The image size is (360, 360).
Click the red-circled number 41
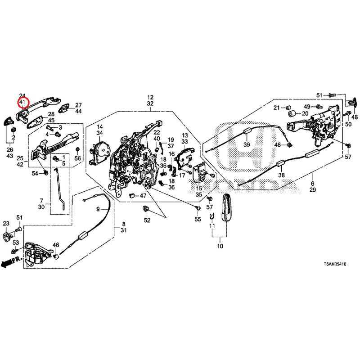(x=23, y=103)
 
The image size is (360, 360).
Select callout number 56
(x=78, y=158)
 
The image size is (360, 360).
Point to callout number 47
(x=143, y=196)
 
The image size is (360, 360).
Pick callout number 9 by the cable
(x=98, y=209)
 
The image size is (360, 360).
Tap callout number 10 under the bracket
(x=220, y=247)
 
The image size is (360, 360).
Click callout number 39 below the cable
(x=246, y=144)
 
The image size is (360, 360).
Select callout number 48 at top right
(x=355, y=117)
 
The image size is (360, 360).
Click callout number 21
(x=277, y=107)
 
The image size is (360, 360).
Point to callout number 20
(x=305, y=113)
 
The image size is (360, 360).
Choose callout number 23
(x=6, y=224)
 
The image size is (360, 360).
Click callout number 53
(x=15, y=243)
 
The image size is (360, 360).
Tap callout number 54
(x=35, y=174)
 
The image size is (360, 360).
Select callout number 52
(x=147, y=220)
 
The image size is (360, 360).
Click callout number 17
(x=182, y=175)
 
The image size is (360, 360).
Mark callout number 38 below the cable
(x=282, y=175)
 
